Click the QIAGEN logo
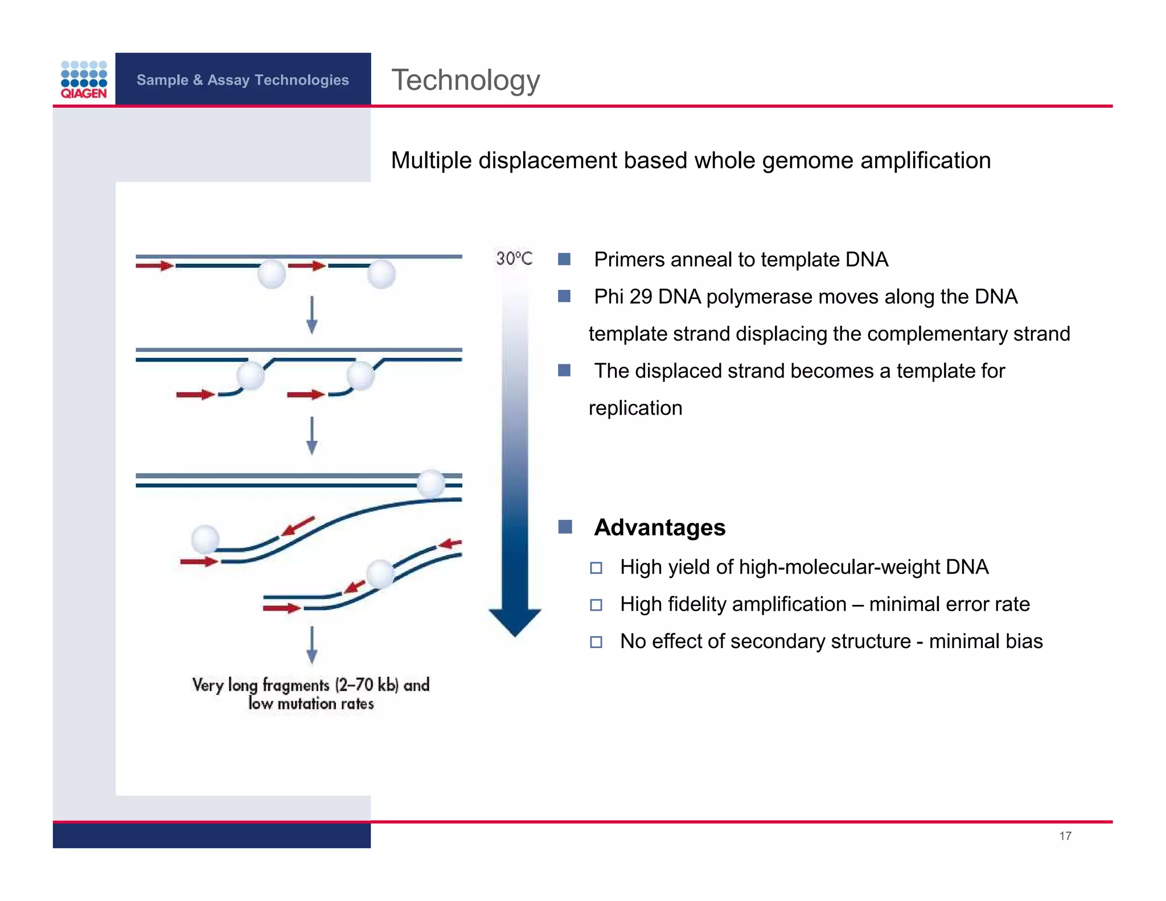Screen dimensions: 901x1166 tap(84, 79)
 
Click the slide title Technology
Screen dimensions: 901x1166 tap(465, 80)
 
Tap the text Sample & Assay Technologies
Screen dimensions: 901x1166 tap(243, 80)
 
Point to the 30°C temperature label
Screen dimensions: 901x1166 tap(514, 259)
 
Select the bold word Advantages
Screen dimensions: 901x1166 tap(659, 527)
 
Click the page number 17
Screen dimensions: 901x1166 tap(1065, 836)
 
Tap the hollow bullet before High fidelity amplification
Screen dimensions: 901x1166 tap(596, 605)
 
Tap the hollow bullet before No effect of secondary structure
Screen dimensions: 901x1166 tap(596, 642)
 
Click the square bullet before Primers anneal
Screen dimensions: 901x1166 tap(564, 259)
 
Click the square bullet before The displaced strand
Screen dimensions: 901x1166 tap(564, 371)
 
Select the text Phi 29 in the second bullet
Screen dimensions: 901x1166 tap(623, 297)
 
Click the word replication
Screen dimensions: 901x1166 tap(635, 408)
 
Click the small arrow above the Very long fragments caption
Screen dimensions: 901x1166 tap(311, 645)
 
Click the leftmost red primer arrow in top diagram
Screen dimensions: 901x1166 tap(154, 265)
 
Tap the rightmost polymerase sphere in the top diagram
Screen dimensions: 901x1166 tap(381, 275)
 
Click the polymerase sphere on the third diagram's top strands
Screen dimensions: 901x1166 tap(431, 484)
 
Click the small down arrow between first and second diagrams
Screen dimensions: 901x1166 tap(311, 314)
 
